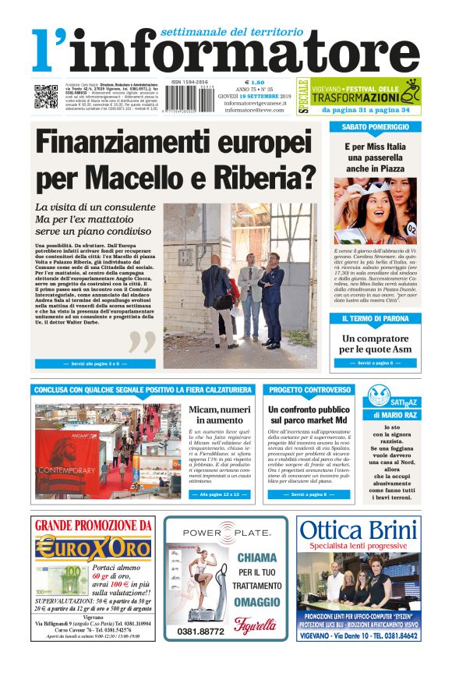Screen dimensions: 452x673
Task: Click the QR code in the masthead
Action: point(45,96)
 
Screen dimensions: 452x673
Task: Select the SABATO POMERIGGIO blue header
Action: point(374,126)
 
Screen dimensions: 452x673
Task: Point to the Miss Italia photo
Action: point(375,210)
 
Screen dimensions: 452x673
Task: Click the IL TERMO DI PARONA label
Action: point(375,319)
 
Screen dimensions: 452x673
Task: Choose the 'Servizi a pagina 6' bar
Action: point(375,363)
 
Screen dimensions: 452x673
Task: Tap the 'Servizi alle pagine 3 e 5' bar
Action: point(90,363)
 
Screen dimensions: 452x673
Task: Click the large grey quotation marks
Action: point(142,341)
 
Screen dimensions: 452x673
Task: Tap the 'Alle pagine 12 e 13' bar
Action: point(217,494)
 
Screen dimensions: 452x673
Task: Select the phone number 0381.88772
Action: point(196,631)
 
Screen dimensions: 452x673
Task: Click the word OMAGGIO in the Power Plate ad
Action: point(256,602)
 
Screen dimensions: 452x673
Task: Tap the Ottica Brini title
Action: point(358,530)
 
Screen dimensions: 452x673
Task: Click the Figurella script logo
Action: point(256,625)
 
